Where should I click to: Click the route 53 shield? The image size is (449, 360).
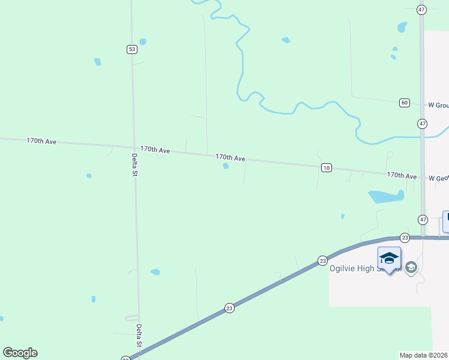click(x=131, y=49)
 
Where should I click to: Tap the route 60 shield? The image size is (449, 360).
click(x=405, y=103)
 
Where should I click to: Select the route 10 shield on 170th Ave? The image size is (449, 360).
click(x=326, y=167)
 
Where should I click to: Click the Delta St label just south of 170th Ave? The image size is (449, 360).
click(x=134, y=165)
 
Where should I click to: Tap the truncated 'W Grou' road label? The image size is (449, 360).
click(x=438, y=105)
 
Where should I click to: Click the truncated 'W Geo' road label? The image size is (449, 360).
click(x=438, y=178)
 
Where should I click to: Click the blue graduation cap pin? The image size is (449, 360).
click(x=389, y=259)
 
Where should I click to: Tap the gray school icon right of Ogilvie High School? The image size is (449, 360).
click(x=411, y=268)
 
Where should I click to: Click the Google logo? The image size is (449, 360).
click(x=20, y=353)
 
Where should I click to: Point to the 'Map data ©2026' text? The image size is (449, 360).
click(x=424, y=355)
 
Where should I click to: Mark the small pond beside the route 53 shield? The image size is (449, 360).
click(x=143, y=42)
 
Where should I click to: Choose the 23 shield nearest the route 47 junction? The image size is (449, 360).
click(x=405, y=238)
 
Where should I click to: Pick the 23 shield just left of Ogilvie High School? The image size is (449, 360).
click(x=322, y=260)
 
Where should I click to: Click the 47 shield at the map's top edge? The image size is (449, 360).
click(x=422, y=10)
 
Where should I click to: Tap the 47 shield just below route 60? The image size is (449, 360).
click(x=423, y=124)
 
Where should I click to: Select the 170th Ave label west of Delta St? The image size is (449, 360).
click(x=41, y=141)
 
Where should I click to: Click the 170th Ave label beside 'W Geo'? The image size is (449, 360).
click(x=402, y=176)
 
